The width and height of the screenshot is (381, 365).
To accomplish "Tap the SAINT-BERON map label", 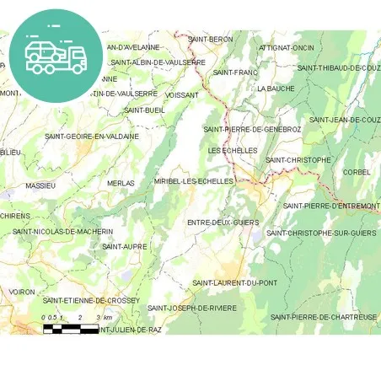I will click(x=211, y=40).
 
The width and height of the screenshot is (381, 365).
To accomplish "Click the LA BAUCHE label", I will click(x=276, y=88).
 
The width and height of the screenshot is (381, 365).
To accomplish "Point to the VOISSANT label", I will click(x=182, y=95).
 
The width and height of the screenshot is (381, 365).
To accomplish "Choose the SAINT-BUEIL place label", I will click(x=144, y=110).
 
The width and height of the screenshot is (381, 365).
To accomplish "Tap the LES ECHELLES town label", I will click(x=232, y=150).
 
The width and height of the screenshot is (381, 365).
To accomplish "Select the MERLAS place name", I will click(x=121, y=183).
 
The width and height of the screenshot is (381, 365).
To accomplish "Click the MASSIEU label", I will click(x=40, y=185).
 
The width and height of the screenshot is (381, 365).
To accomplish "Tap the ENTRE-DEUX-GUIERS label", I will click(x=223, y=222).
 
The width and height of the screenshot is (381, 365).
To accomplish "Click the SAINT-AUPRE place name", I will click(x=124, y=246).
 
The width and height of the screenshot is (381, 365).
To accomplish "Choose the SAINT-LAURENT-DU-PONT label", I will click(x=234, y=282).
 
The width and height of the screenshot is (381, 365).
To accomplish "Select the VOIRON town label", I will click(x=22, y=292).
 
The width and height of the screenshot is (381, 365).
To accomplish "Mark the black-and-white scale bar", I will click(x=71, y=328).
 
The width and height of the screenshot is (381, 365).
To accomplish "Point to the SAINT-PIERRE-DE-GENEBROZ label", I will click(x=252, y=129).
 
